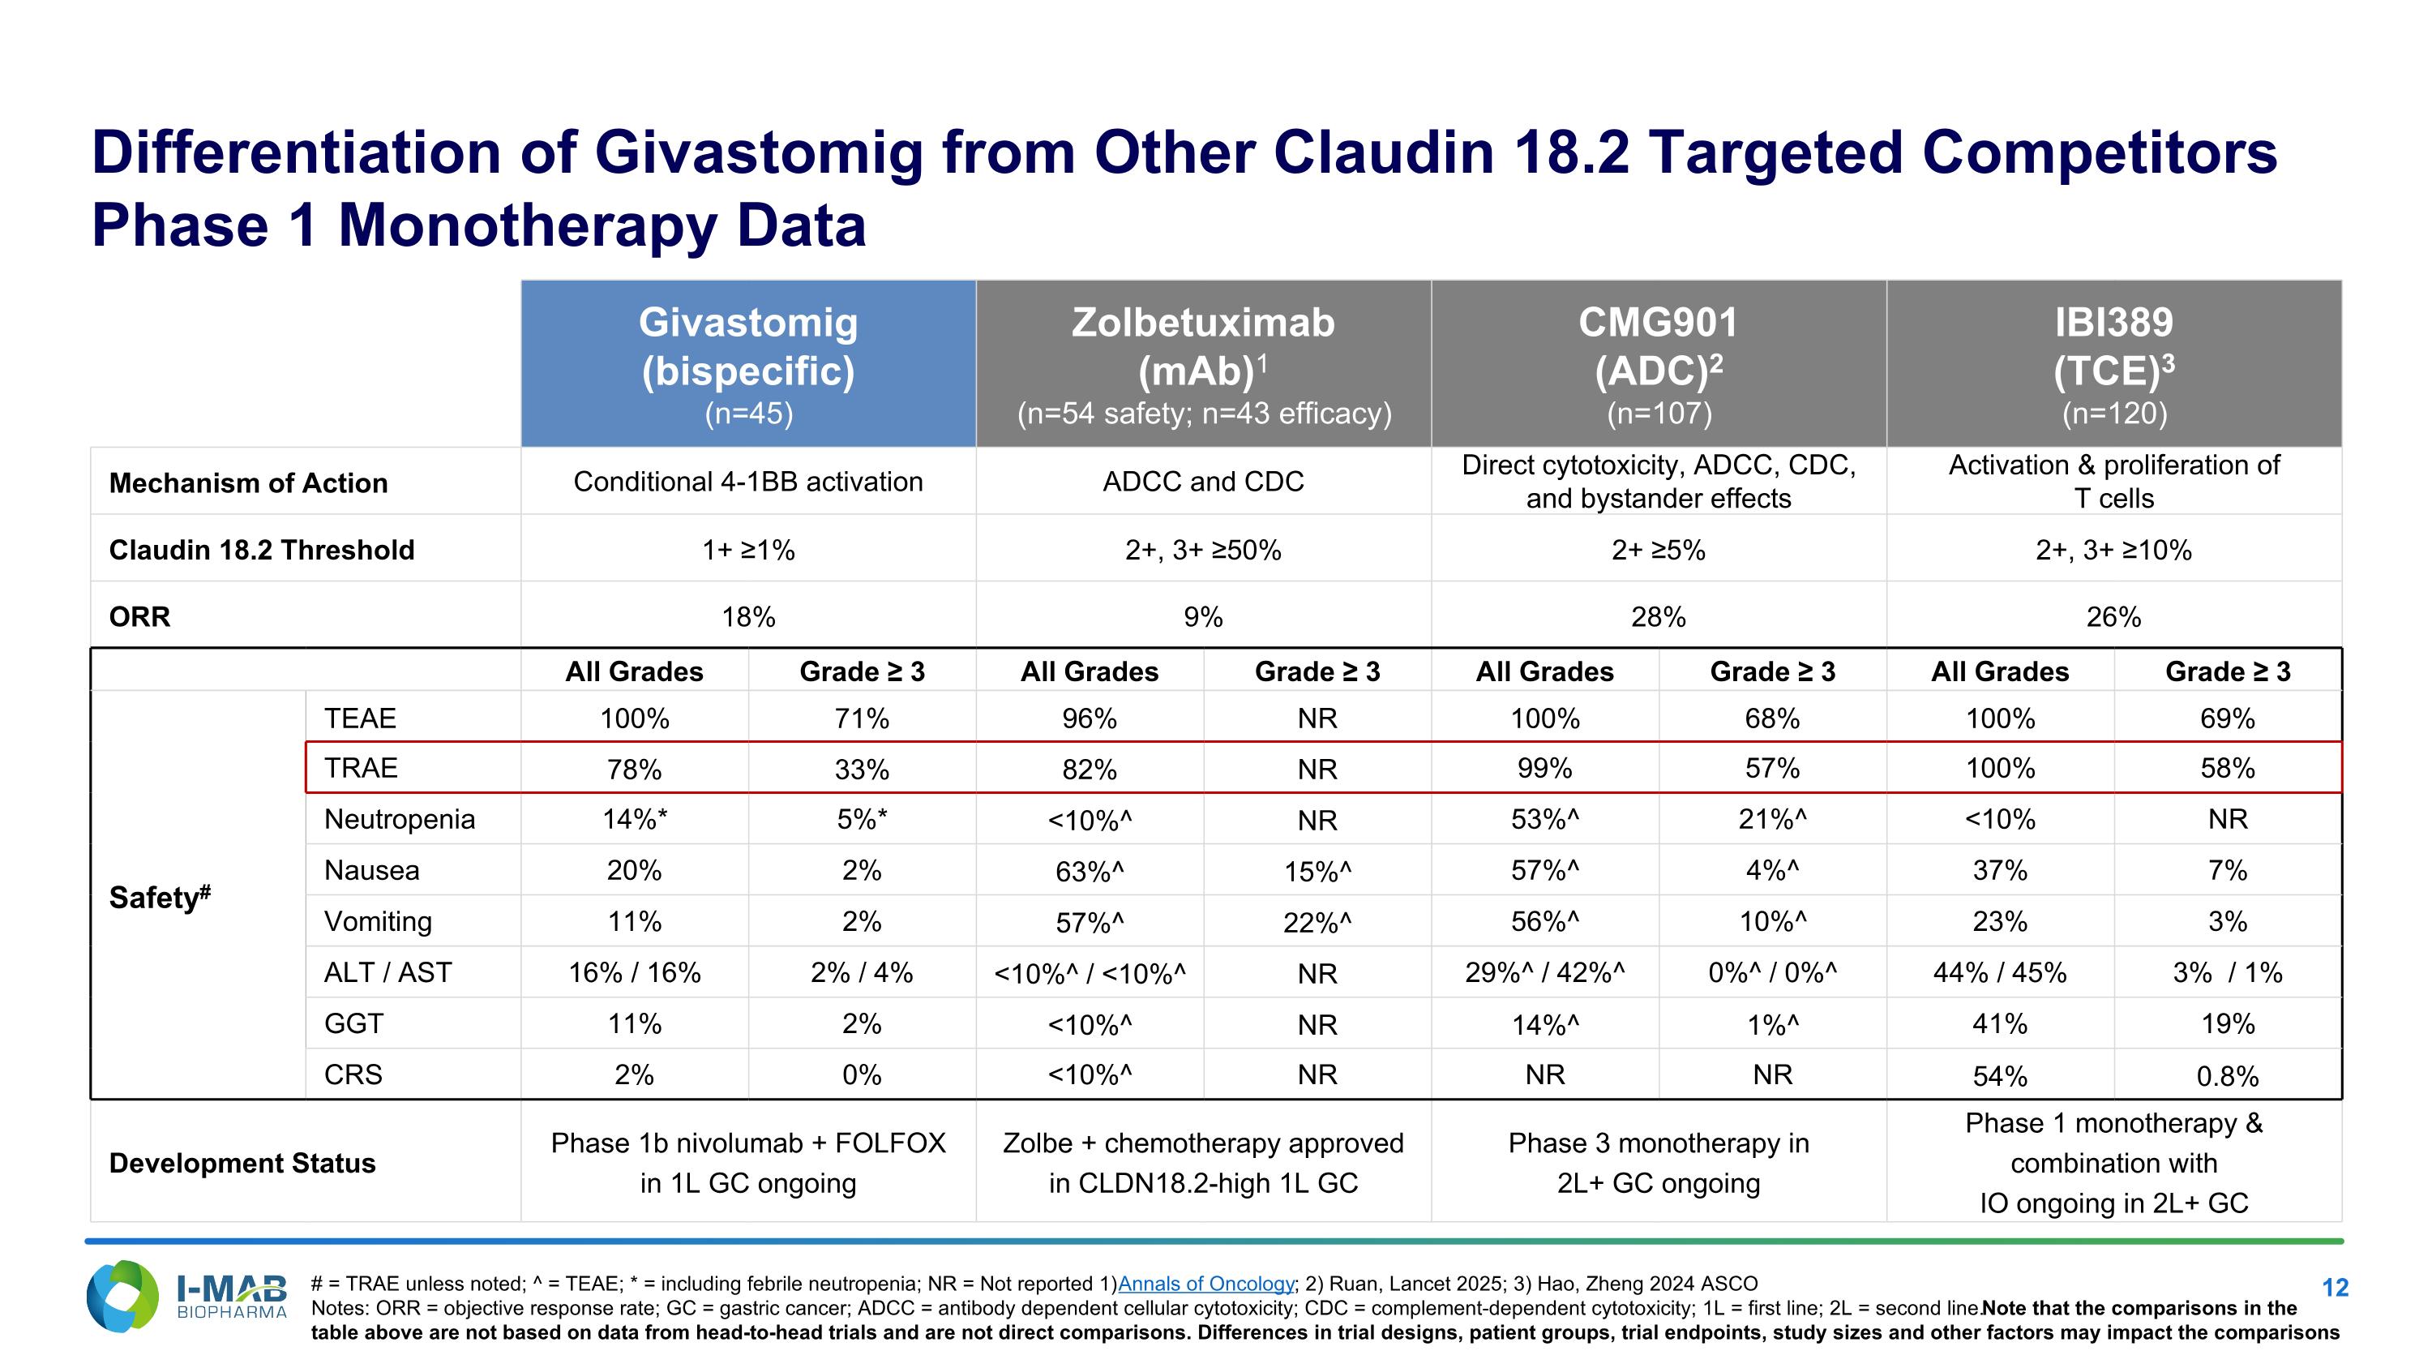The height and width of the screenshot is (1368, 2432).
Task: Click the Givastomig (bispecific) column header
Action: click(747, 363)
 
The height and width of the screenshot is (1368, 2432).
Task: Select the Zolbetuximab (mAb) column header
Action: click(1203, 363)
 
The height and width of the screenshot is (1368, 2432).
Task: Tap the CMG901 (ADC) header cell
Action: click(1658, 363)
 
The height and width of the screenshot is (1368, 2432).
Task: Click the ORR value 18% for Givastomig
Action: click(747, 616)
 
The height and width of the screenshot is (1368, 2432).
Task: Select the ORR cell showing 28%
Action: click(1658, 616)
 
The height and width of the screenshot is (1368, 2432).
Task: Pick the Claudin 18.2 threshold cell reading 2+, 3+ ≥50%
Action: click(1203, 550)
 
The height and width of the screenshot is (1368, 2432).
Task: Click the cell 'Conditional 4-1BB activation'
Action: click(747, 482)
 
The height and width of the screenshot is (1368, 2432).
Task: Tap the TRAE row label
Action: click(361, 768)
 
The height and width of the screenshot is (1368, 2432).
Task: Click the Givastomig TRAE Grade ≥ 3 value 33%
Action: click(861, 769)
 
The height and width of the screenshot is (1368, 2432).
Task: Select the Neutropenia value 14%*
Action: click(635, 818)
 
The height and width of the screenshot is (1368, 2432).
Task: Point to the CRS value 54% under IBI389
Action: click(2000, 1075)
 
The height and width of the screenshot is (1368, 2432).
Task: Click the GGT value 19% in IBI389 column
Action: click(2227, 1023)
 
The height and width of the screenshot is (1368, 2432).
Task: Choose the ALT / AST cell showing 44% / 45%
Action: click(2000, 972)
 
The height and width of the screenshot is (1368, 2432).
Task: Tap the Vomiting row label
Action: click(378, 921)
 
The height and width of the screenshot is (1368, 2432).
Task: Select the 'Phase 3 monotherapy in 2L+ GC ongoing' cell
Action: click(1658, 1162)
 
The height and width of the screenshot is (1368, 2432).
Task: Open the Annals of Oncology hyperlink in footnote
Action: click(1205, 1284)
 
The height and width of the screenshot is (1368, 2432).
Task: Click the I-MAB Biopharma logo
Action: click(186, 1297)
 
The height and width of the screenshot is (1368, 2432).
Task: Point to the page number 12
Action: click(2334, 1288)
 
